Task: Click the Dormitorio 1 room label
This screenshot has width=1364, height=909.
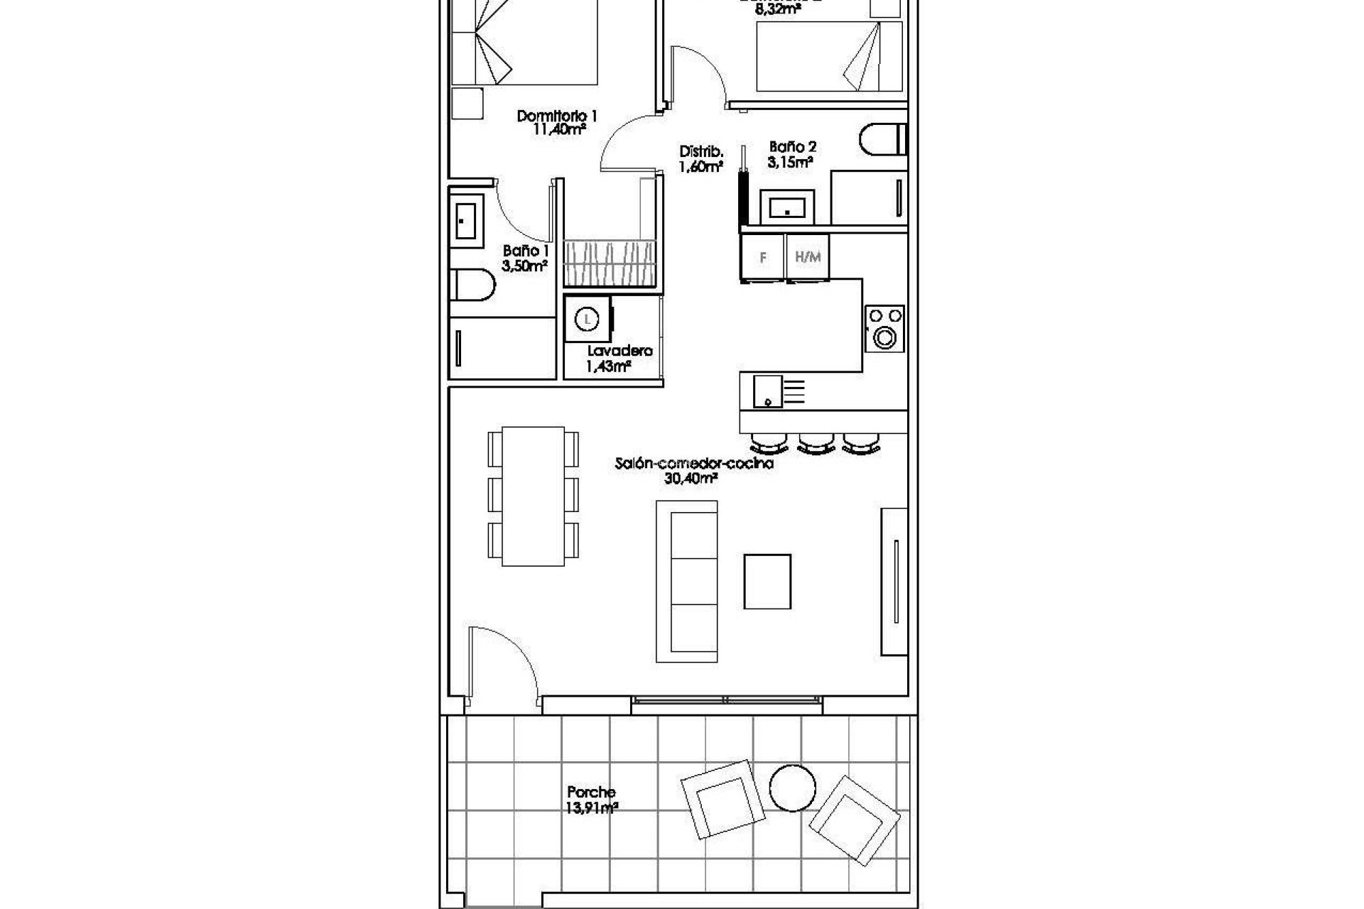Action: (x=557, y=116)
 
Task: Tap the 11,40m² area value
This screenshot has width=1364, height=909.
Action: (x=560, y=130)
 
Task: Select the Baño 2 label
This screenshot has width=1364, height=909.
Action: (x=792, y=148)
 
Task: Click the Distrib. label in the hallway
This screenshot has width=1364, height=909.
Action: (x=701, y=151)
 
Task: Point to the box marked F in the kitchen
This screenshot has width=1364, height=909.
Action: (x=763, y=257)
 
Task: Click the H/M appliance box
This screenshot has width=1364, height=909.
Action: (x=808, y=257)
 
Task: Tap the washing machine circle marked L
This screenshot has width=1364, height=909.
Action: (x=587, y=320)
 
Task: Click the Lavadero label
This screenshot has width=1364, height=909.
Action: (x=619, y=351)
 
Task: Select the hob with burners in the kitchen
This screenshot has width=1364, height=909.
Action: (x=885, y=329)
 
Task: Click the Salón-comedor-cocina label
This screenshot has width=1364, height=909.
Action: (x=693, y=464)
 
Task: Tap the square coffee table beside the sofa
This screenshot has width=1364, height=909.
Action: (x=767, y=582)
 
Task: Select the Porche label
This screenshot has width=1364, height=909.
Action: (x=591, y=792)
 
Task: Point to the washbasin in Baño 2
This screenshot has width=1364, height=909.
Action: (x=787, y=208)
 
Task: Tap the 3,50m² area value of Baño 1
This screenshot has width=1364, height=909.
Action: (x=524, y=267)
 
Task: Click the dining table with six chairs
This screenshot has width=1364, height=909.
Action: (x=533, y=496)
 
